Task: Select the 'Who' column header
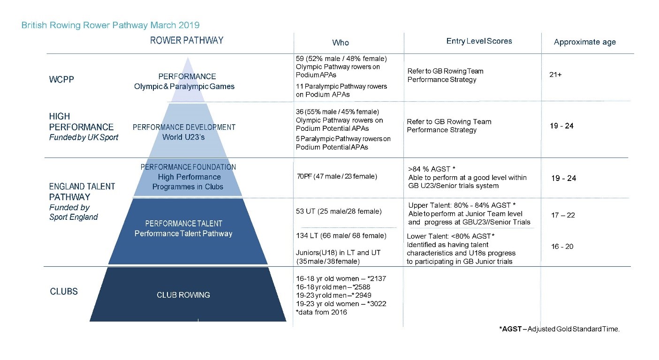pyautogui.click(x=341, y=43)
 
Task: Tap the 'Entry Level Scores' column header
pyautogui.click(x=479, y=41)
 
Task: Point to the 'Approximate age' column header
pyautogui.click(x=584, y=42)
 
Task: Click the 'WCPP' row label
pyautogui.click(x=62, y=79)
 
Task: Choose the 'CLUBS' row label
pyautogui.click(x=64, y=292)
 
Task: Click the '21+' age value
pyautogui.click(x=555, y=75)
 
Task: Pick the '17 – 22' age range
pyautogui.click(x=562, y=215)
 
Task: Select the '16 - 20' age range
pyautogui.click(x=562, y=247)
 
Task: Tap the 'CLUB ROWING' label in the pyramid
pyautogui.click(x=183, y=295)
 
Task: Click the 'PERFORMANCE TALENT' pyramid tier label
pyautogui.click(x=183, y=224)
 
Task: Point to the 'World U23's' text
pyautogui.click(x=183, y=137)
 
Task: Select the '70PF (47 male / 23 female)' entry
pyautogui.click(x=336, y=177)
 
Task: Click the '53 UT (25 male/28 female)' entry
pyautogui.click(x=339, y=211)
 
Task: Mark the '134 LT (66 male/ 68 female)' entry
pyautogui.click(x=341, y=235)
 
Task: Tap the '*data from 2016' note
pyautogui.click(x=321, y=312)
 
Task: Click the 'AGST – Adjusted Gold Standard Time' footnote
pyautogui.click(x=559, y=329)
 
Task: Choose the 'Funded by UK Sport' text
pyautogui.click(x=83, y=137)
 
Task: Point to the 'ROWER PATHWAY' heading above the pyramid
pyautogui.click(x=187, y=40)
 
